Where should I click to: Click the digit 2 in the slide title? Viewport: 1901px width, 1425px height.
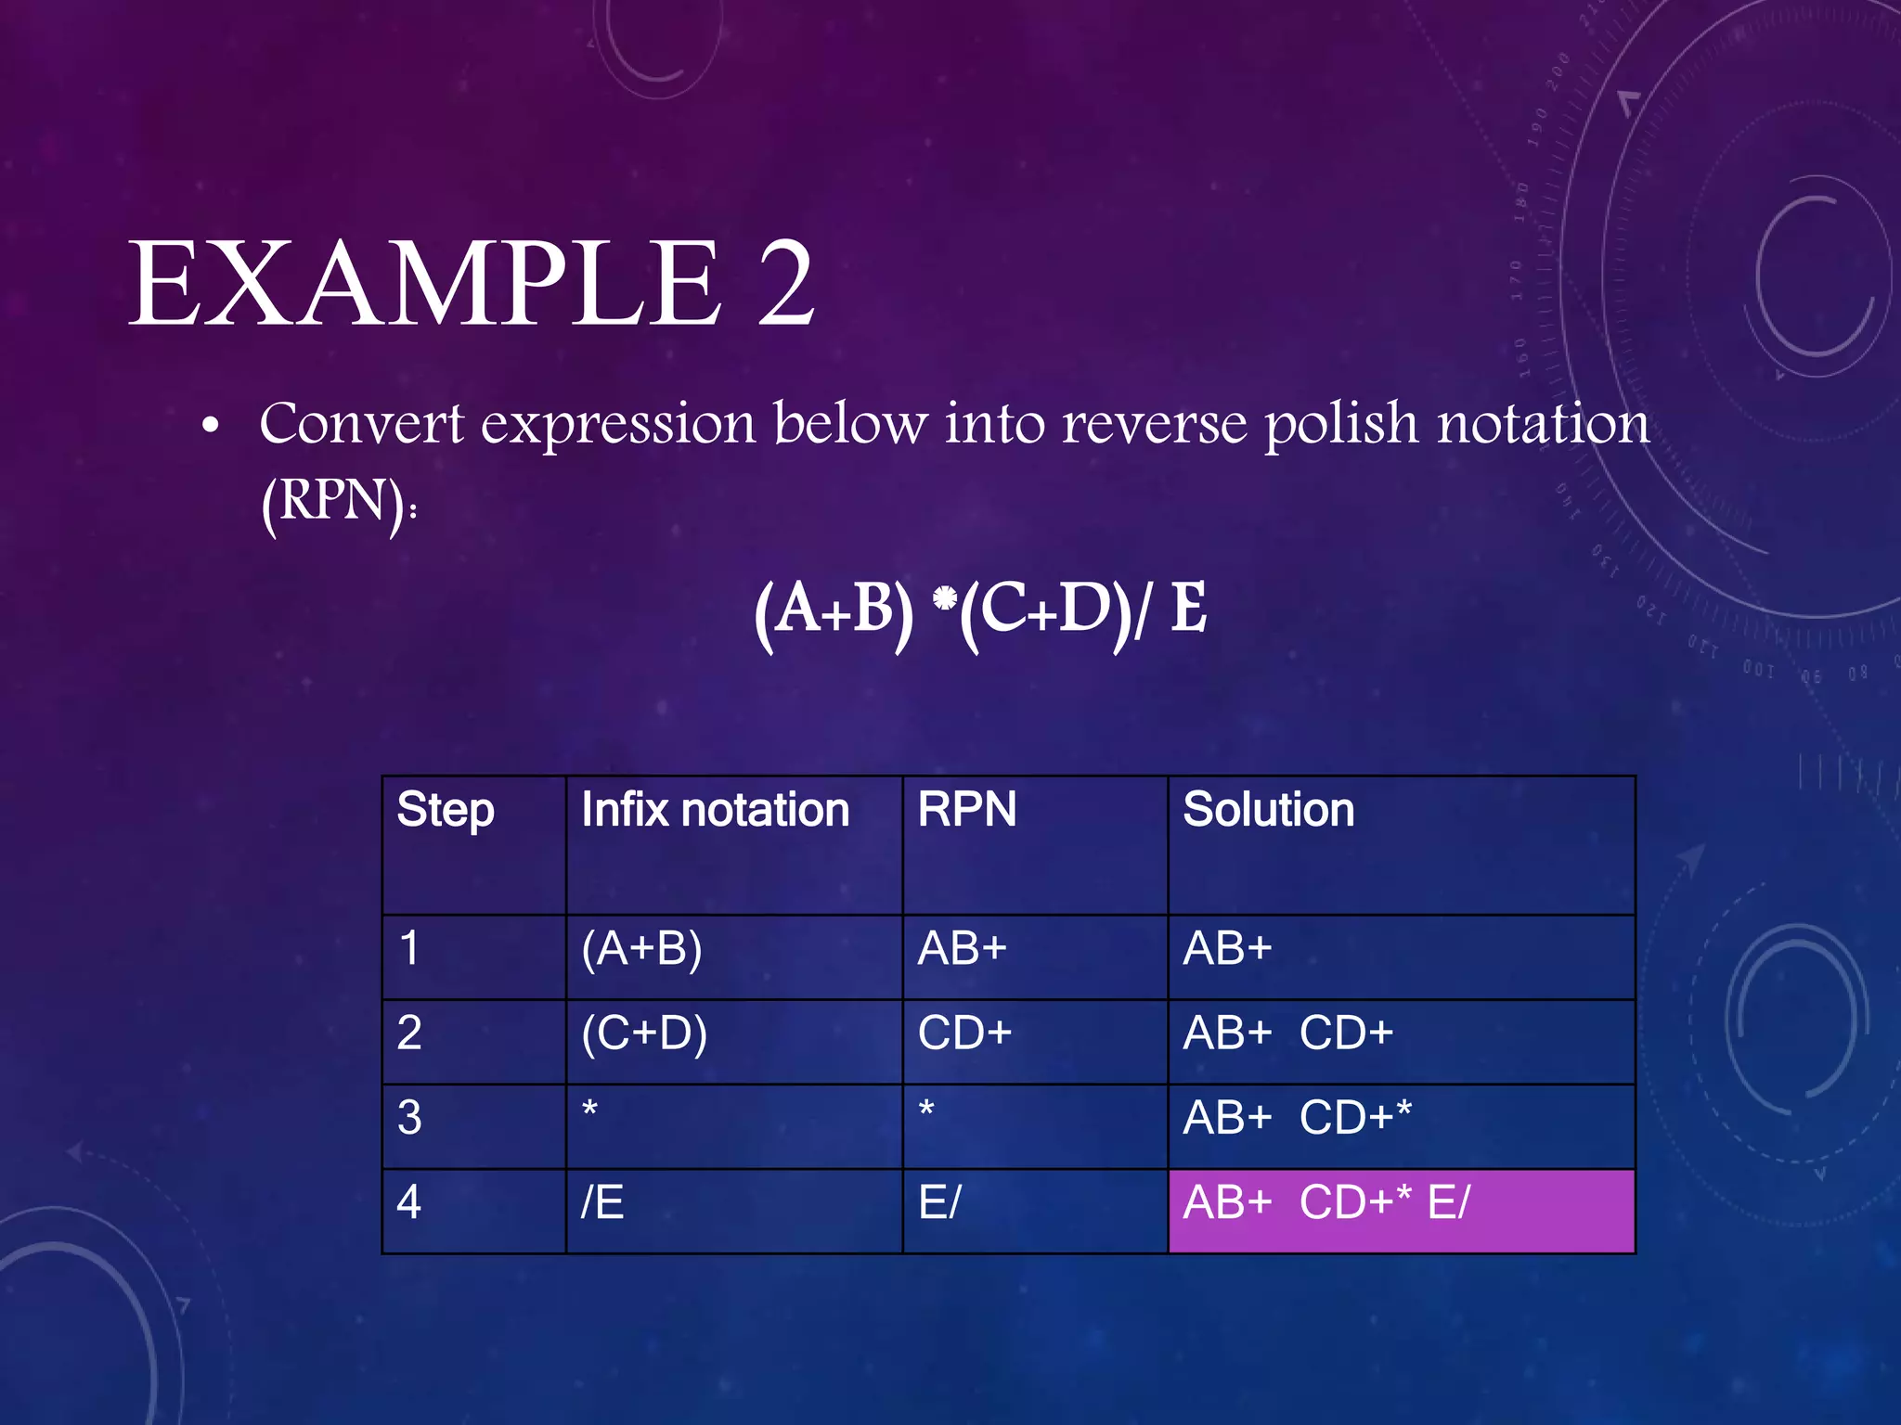pos(785,284)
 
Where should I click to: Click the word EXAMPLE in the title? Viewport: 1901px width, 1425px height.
pos(424,284)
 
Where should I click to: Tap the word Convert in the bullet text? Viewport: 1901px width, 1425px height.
pos(360,424)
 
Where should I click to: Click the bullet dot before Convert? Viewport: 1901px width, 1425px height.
pos(211,428)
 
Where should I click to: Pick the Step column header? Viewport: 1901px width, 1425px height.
pos(446,810)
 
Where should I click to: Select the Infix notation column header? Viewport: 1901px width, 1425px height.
pos(715,810)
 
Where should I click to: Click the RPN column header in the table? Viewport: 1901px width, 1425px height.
pos(967,810)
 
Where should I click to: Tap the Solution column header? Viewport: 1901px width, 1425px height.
pos(1268,810)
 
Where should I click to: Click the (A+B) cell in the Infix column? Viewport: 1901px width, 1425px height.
pos(642,949)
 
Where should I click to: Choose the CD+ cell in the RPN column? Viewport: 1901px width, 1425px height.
pos(964,1033)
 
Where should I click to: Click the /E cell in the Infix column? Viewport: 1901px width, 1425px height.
pos(602,1203)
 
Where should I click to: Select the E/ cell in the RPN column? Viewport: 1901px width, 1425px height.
pos(939,1203)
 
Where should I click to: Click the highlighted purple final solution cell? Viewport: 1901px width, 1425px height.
pos(1401,1211)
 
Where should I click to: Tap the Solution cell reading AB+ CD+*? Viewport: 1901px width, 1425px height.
pos(1297,1118)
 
